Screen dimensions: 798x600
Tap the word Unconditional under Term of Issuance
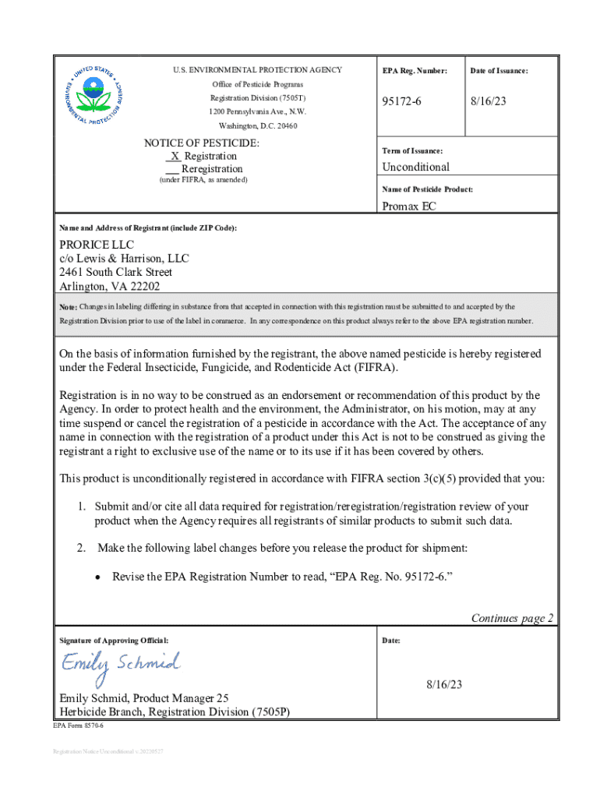415,167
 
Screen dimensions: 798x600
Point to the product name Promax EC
409,207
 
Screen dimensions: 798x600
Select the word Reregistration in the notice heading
211,169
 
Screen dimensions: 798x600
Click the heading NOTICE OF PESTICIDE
202,143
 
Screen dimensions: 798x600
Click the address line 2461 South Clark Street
116,272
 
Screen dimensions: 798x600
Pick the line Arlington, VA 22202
110,286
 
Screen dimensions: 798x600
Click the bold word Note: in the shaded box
69,307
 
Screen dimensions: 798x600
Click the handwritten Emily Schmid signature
121,665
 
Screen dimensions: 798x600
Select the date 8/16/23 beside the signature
444,684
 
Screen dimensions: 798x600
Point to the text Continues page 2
512,618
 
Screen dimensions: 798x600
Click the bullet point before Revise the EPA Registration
97,577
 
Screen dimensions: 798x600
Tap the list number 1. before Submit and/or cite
81,507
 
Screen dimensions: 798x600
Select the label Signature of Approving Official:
114,641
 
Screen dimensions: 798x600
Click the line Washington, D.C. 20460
258,126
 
